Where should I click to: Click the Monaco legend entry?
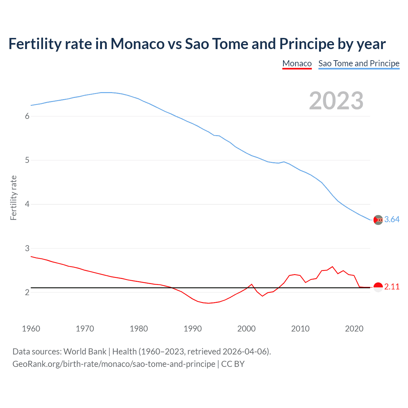pos(297,63)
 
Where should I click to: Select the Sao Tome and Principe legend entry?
pos(359,63)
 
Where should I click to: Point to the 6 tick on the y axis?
pos(27,116)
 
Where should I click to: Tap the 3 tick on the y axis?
pos(27,248)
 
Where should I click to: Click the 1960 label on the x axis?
pos(31,329)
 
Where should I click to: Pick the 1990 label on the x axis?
pos(193,329)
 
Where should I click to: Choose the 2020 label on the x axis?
pos(354,329)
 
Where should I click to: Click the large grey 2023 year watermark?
pos(336,101)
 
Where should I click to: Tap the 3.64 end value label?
pos(392,220)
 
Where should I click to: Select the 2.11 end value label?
pos(392,287)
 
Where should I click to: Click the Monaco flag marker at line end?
pos(378,287)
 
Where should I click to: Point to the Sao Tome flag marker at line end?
pos(378,220)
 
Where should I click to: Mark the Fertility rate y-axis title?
pos(13,198)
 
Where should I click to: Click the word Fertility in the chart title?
pos(34,44)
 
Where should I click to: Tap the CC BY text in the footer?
pos(233,364)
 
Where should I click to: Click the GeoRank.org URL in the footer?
pos(114,364)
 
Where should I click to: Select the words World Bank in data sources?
pos(85,352)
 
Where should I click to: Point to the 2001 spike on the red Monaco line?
pos(251,284)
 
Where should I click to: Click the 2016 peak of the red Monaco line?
pos(332,266)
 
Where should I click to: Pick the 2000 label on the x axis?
pos(246,329)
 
